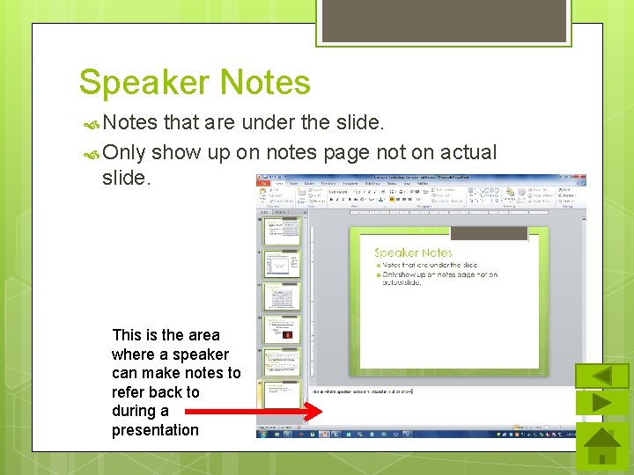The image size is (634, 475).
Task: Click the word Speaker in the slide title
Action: pyautogui.click(x=144, y=84)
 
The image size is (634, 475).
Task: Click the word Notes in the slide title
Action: pyautogui.click(x=265, y=84)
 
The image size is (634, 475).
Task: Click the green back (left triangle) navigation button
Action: pyautogui.click(x=601, y=376)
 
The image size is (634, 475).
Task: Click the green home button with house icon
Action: pyautogui.click(x=601, y=446)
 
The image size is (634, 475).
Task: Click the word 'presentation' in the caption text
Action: pyautogui.click(x=155, y=430)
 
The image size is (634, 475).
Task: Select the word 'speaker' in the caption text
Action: pyautogui.click(x=201, y=354)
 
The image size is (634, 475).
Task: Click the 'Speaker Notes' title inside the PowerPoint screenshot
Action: pyautogui.click(x=413, y=252)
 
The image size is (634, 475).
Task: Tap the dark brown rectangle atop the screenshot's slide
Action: pyautogui.click(x=488, y=233)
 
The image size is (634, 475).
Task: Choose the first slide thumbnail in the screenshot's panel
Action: pyautogui.click(x=282, y=231)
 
